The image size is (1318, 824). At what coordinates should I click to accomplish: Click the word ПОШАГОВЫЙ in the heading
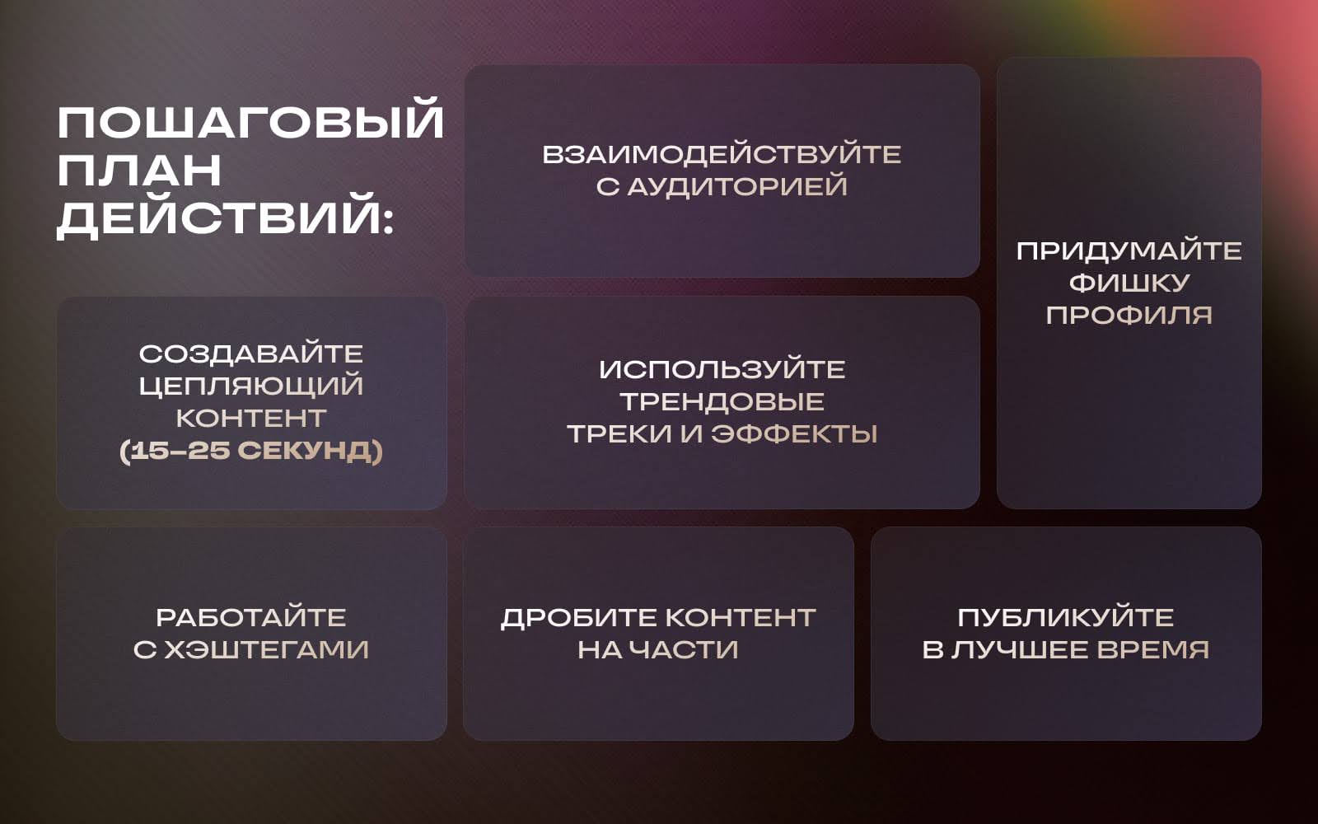pos(250,123)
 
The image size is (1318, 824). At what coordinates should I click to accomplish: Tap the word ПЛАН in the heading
pos(139,171)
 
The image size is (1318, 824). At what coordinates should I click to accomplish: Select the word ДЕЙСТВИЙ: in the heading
pos(225,218)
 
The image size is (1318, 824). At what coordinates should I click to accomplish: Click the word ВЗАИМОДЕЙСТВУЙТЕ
pos(722,155)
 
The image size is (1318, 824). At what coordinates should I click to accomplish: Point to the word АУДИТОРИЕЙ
pos(737,186)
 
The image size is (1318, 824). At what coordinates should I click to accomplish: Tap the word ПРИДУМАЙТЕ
pos(1129,250)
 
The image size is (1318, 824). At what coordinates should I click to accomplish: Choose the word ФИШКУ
pos(1129,283)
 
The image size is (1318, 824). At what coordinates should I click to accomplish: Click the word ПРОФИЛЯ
pos(1129,315)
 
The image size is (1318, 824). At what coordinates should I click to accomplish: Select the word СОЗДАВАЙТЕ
pos(251,353)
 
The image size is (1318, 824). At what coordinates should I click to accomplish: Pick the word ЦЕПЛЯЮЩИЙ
pos(251,386)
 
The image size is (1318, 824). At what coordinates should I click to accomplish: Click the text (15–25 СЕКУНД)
pos(251,451)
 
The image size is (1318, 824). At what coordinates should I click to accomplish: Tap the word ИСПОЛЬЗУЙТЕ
pos(722,369)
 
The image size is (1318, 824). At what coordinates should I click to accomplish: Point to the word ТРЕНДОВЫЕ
pos(722,401)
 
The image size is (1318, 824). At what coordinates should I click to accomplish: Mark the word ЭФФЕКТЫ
pos(794,433)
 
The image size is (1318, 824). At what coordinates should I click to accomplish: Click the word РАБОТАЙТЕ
pos(251,617)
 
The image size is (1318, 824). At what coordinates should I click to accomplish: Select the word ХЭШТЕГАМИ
pos(266,649)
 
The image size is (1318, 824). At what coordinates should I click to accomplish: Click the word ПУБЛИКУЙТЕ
pos(1065,617)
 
